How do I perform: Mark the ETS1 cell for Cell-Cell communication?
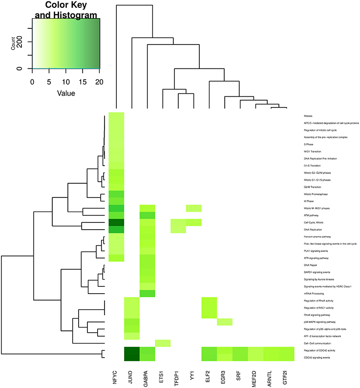[163, 343]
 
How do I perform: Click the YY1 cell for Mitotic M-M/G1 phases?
[194, 208]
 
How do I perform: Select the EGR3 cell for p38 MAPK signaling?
[225, 322]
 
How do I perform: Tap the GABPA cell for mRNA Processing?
[147, 294]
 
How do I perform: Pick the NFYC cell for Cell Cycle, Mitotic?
[116, 222]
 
